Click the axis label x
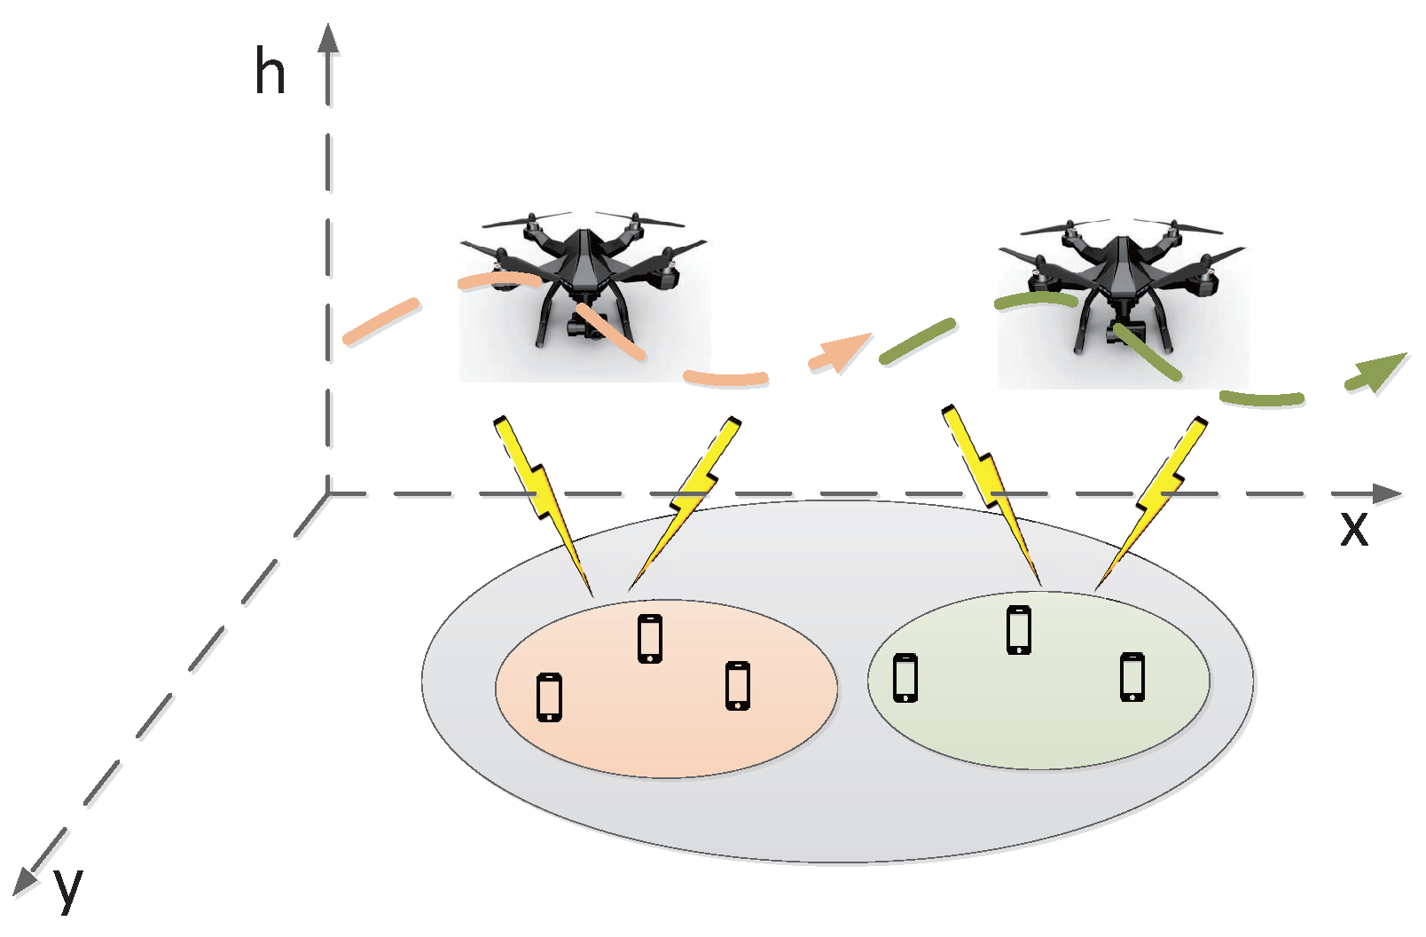pos(1353,528)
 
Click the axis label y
pos(67,887)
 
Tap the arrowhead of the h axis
pos(329,40)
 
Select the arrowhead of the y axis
pos(24,880)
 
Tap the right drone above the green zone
pos(1123,293)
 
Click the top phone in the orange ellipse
pos(650,639)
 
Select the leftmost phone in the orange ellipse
pos(550,697)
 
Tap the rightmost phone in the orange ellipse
pos(738,686)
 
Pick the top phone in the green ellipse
pos(1019,630)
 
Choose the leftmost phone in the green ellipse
pos(905,678)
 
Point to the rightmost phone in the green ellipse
pos(1132,677)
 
